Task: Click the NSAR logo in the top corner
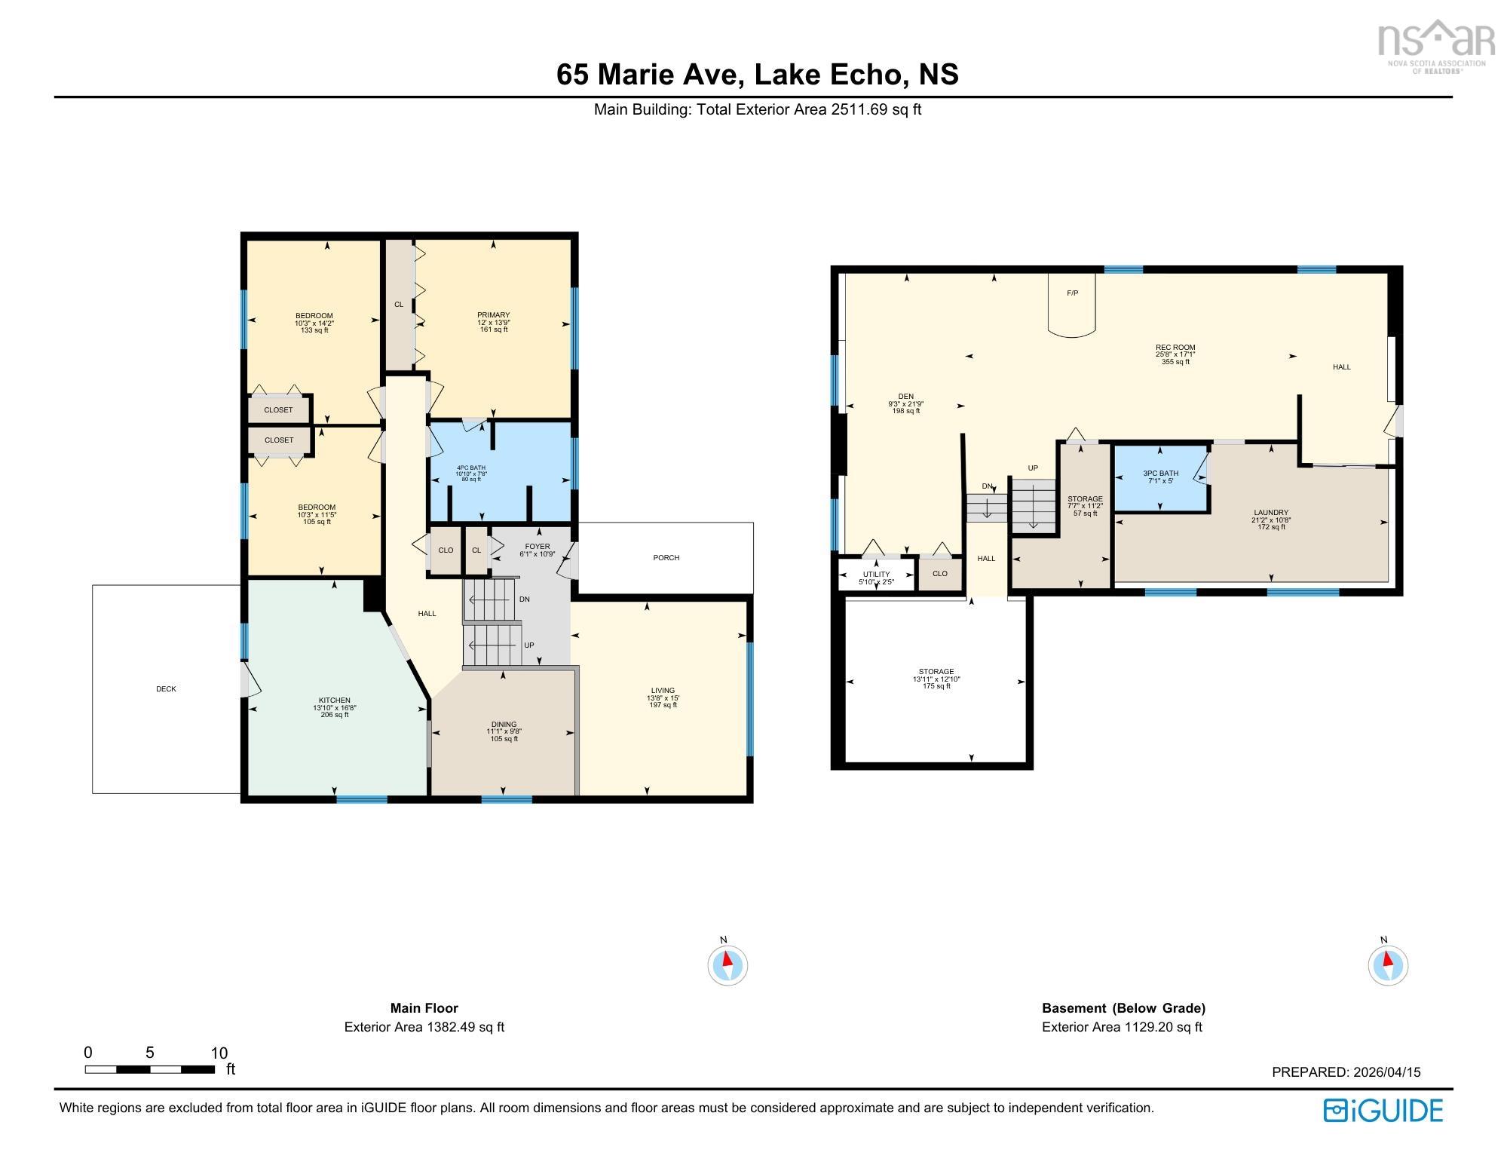tap(1436, 45)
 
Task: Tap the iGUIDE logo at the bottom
tap(1383, 1111)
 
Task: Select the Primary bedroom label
tap(494, 315)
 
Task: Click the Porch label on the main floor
tap(666, 558)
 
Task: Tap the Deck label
tap(166, 689)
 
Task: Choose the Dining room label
tap(504, 725)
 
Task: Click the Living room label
tap(663, 691)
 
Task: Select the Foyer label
tap(538, 547)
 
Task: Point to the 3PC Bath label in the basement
tap(1160, 474)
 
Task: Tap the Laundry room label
tap(1271, 513)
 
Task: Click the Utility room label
tap(876, 575)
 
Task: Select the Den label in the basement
tap(905, 397)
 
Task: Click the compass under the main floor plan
tap(727, 964)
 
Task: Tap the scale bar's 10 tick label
tap(219, 1053)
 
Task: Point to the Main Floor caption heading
tap(424, 1008)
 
